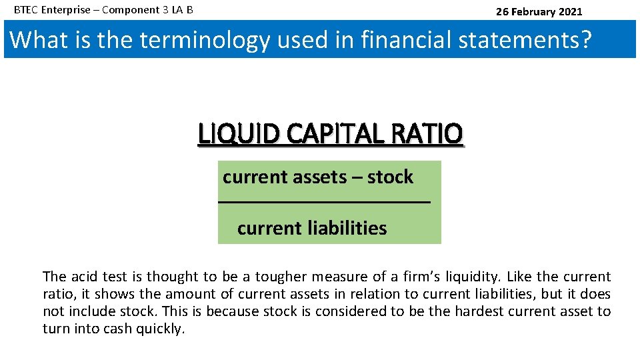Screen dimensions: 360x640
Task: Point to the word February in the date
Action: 535,11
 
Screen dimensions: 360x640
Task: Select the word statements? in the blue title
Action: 531,39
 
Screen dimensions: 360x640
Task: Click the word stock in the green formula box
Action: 390,177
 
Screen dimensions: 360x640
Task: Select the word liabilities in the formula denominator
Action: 347,228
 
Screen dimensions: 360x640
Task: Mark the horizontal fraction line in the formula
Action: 325,202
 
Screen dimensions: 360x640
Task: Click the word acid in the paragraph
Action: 83,277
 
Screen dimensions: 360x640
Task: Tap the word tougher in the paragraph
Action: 281,277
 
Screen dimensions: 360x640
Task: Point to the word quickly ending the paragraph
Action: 163,329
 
